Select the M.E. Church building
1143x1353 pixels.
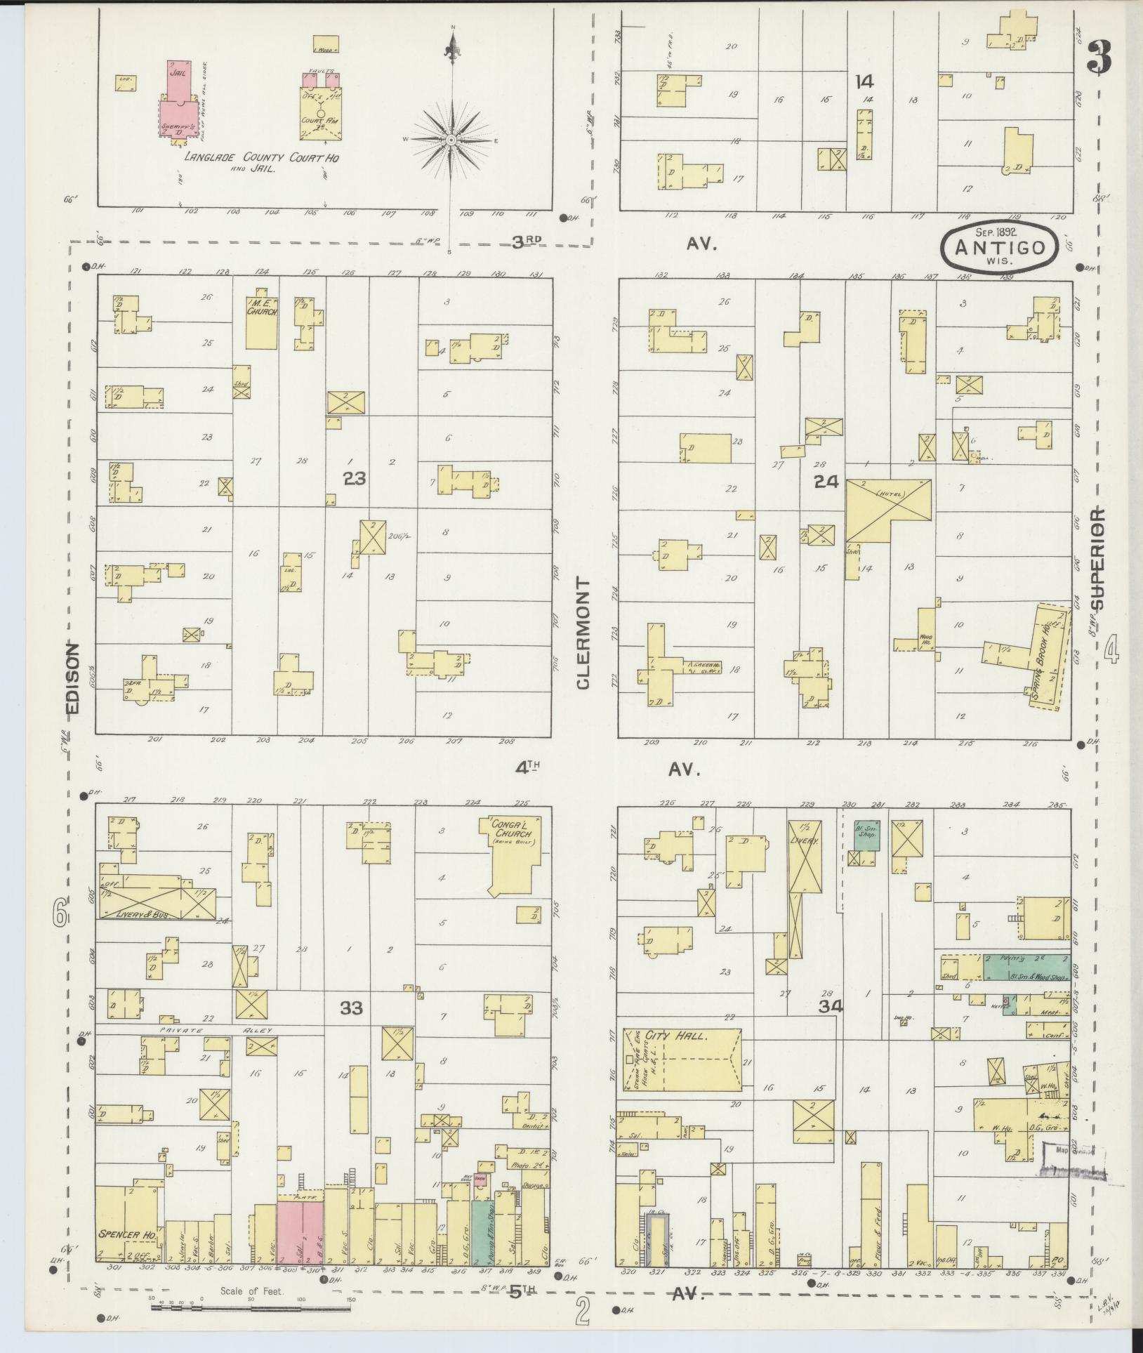click(x=261, y=322)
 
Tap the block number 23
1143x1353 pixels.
click(x=355, y=478)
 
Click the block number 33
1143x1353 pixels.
click(x=352, y=1008)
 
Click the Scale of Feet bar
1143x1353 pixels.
click(x=251, y=1307)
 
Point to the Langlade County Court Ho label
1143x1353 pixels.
click(x=261, y=159)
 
